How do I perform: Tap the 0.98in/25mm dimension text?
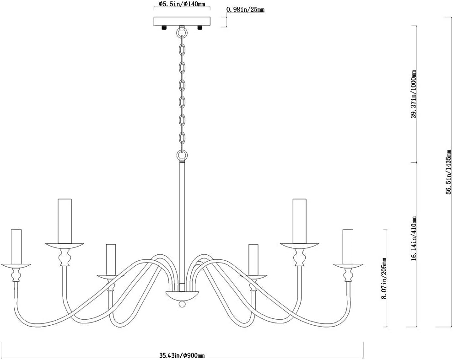(x=246, y=10)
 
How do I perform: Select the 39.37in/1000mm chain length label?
(x=414, y=94)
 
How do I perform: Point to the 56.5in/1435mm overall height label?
(x=449, y=172)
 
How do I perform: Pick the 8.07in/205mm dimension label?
(x=383, y=279)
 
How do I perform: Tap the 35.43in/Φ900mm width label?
(x=182, y=356)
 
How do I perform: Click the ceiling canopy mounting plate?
(x=182, y=21)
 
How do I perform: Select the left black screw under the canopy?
(x=164, y=27)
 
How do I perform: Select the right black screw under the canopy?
(x=200, y=27)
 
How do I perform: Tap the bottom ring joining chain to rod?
(x=182, y=156)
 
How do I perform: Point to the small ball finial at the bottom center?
(x=182, y=304)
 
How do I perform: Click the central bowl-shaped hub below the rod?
(x=182, y=296)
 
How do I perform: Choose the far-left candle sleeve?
(x=16, y=247)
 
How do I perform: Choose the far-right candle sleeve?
(x=348, y=247)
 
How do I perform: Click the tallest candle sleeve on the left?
(x=65, y=221)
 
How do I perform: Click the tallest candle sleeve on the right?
(x=299, y=221)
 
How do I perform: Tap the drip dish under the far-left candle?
(x=16, y=266)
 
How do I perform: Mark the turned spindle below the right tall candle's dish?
(x=299, y=257)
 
